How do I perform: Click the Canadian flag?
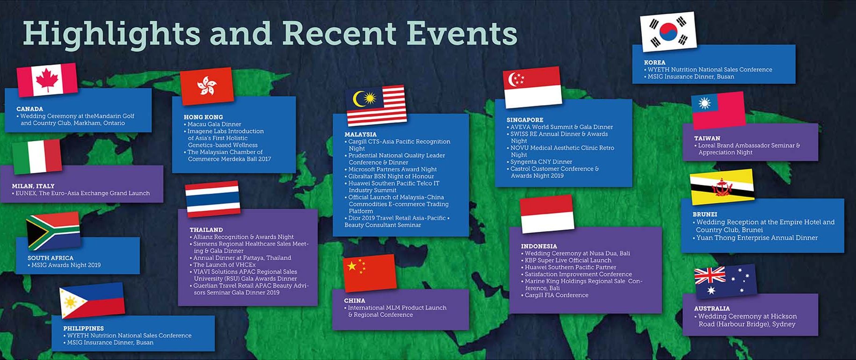[47, 79]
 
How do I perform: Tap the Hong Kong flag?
[207, 86]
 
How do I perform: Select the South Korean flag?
[668, 32]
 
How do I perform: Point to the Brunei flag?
[722, 187]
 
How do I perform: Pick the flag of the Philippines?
[92, 300]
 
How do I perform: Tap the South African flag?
[53, 231]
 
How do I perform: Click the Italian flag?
[37, 157]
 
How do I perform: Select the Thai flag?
[213, 199]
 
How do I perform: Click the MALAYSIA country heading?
[360, 134]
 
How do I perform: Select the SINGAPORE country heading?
[525, 120]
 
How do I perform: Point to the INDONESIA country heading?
[539, 246]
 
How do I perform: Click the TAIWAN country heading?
[707, 138]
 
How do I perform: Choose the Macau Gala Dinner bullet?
[213, 124]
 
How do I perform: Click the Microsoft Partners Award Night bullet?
[391, 169]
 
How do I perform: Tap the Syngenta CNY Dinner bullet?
[539, 162]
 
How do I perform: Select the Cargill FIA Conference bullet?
[555, 295]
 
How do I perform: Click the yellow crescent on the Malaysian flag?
[359, 99]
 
